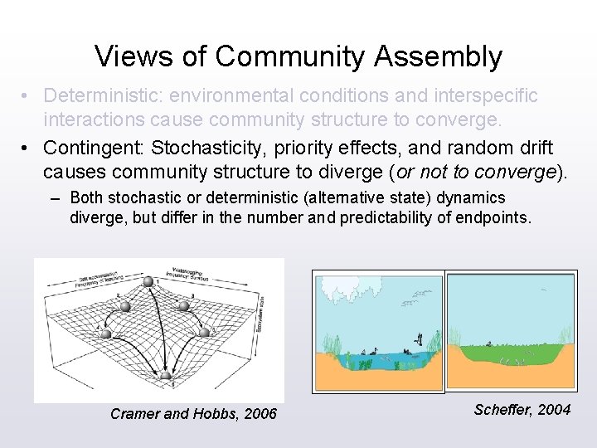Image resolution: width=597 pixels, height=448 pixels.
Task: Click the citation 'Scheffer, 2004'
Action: (x=522, y=409)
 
